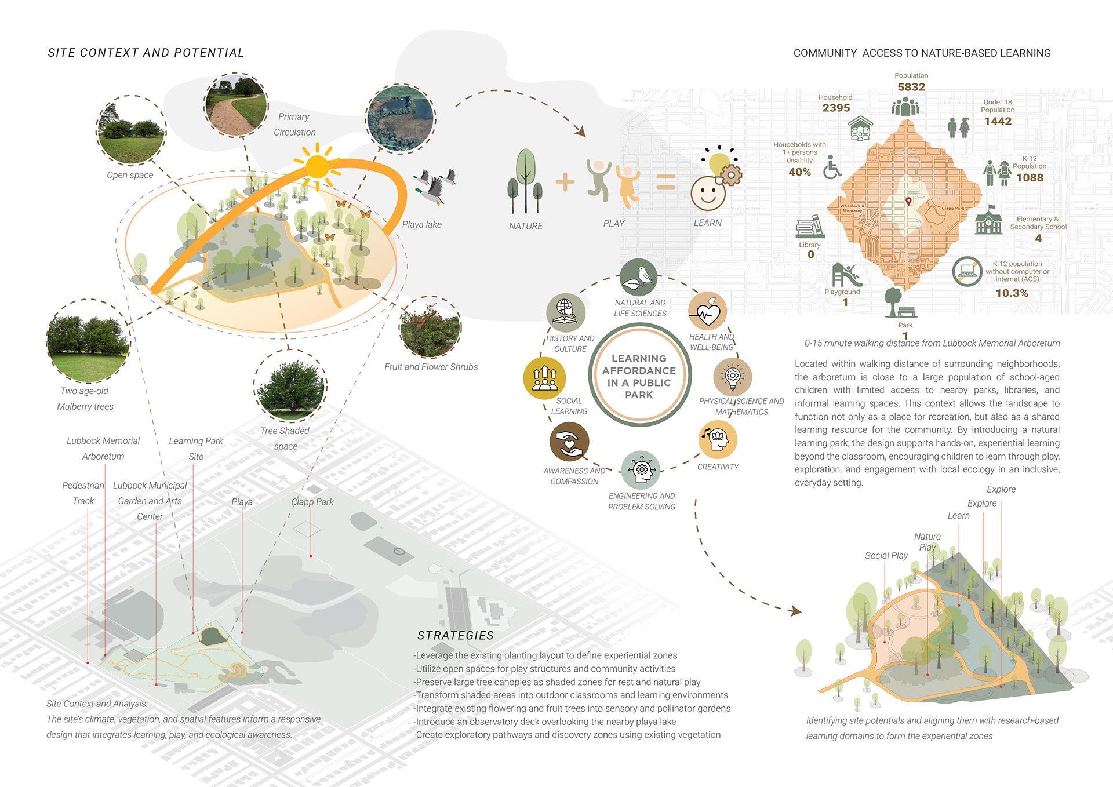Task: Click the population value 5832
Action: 911,87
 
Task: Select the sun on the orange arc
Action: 317,167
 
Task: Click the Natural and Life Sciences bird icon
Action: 638,278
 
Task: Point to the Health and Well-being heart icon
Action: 707,312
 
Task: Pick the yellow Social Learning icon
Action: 544,377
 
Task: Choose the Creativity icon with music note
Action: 718,439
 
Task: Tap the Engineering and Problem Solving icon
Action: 641,469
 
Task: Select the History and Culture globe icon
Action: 565,312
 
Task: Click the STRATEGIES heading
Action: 456,636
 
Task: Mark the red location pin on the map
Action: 908,201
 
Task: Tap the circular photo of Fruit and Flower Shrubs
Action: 430,327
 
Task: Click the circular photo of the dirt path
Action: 236,105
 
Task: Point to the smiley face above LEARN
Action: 708,193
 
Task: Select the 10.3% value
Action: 1012,293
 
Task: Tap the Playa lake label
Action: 421,224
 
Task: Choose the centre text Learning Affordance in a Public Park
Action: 639,376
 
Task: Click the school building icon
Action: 988,221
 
